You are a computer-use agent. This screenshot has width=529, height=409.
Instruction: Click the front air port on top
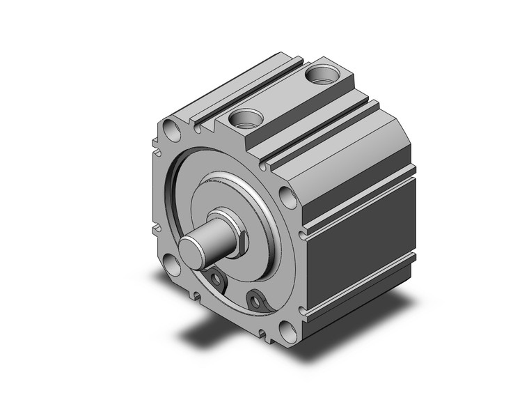coord(246,118)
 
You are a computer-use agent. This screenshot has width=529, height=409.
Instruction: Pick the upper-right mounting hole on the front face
coord(285,194)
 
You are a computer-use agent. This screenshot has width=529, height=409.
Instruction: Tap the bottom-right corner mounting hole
coord(286,330)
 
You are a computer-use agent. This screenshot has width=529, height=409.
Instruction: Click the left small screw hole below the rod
coord(218,280)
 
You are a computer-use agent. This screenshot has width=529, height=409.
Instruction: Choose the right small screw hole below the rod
coord(258,301)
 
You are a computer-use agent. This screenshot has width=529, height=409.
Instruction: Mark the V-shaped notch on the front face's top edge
coord(200,128)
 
